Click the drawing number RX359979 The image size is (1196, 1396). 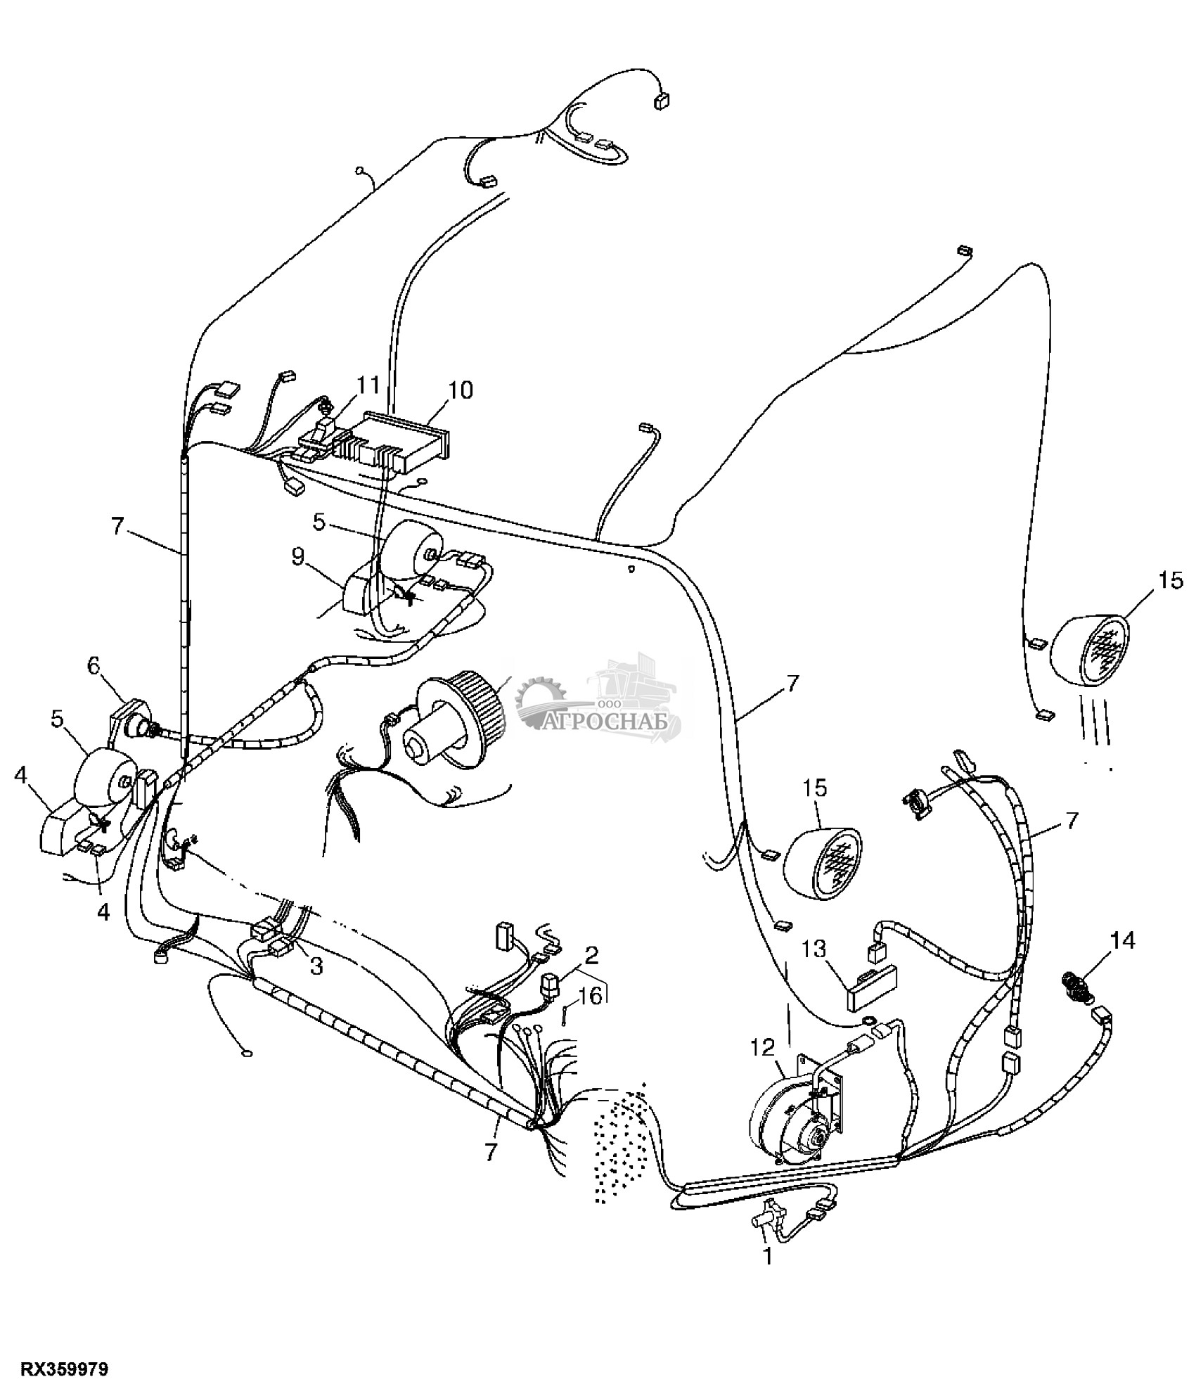coord(64,1369)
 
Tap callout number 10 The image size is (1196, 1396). coord(461,390)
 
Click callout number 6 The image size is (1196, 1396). coord(94,667)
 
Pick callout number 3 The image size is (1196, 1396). coord(316,967)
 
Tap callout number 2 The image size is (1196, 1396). coord(591,955)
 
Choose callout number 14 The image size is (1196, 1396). coord(1123,940)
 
